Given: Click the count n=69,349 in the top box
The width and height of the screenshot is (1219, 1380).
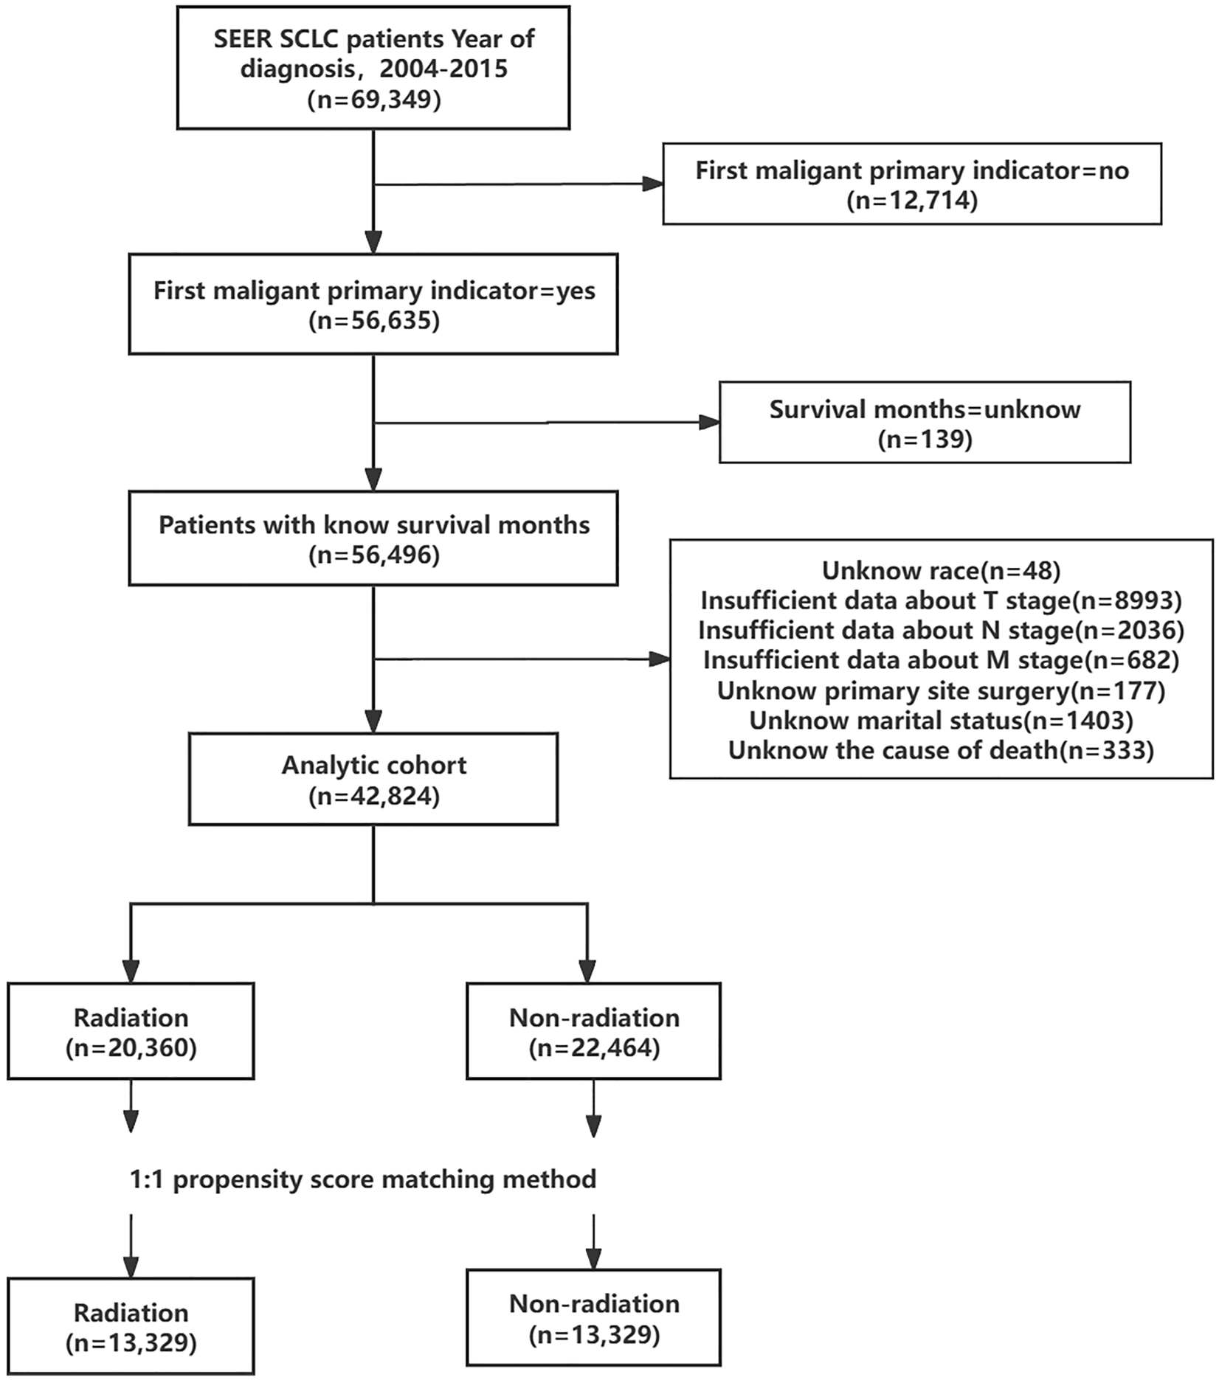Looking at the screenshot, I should point(374,99).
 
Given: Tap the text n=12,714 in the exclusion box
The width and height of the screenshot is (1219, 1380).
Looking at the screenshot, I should point(912,201).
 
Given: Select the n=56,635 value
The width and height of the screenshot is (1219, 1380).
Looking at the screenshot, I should point(374,321).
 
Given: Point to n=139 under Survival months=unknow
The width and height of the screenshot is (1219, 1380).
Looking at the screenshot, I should point(925,440).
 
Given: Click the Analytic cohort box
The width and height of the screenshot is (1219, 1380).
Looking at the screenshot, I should point(373,779).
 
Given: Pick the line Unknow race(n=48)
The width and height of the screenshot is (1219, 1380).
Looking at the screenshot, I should point(941,570).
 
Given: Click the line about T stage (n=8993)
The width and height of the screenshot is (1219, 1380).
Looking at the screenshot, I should point(941,600).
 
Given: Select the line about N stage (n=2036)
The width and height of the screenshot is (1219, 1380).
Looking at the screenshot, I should point(941,631).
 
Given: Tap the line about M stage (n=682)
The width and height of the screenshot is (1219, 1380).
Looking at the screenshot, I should point(941,660).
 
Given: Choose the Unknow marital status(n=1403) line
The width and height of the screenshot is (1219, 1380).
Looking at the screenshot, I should point(941,720).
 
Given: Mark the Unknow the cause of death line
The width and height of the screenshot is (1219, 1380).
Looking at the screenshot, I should point(941,750).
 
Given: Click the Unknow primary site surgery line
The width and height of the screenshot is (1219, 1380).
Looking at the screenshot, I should point(941,690).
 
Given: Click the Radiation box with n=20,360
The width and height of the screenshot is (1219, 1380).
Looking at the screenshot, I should point(131,1032).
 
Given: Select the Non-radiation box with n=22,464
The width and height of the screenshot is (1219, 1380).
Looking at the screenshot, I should point(594,1032).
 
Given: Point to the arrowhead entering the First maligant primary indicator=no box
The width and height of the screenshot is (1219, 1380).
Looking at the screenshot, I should point(653,184).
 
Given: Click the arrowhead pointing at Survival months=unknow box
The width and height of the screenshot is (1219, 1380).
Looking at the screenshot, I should point(709,422).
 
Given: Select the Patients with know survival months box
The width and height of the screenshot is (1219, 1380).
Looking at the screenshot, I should point(373,539).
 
